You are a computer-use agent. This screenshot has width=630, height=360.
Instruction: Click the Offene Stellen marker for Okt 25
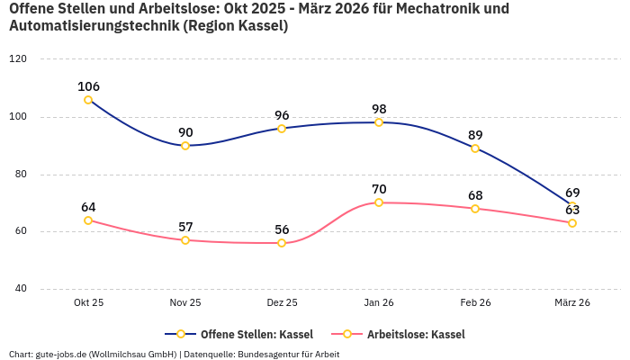pos(88,100)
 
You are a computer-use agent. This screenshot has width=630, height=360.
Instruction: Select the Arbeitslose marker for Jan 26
pos(379,202)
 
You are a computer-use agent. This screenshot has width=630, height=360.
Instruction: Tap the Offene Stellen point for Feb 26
pos(475,148)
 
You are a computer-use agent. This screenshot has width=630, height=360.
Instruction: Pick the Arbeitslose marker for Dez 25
pos(282,243)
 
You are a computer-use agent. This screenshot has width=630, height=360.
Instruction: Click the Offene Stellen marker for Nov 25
pos(185,146)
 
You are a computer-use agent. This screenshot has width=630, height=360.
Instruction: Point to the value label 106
pos(88,86)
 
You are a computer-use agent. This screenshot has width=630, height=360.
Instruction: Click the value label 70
pos(379,189)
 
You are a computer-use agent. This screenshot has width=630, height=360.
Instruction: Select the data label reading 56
pos(282,229)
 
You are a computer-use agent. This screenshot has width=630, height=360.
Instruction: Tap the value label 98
pos(379,109)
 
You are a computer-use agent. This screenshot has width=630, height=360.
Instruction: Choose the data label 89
pos(475,135)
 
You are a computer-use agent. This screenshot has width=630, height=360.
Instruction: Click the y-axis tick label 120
pos(18,59)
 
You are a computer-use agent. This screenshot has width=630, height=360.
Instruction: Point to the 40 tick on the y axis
pos(21,289)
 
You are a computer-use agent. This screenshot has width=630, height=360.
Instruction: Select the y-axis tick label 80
pos(21,175)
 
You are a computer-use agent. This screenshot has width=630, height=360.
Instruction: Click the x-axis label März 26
pos(571,303)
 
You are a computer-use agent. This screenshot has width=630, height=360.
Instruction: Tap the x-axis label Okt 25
pos(88,303)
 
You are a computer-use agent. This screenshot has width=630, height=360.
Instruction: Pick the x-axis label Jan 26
pos(379,303)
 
